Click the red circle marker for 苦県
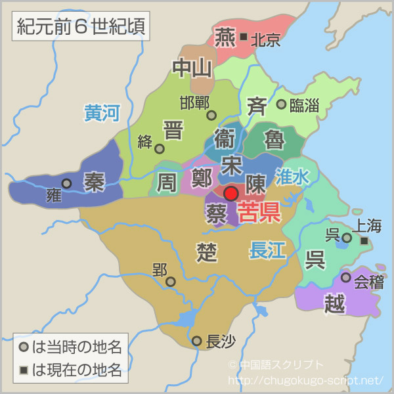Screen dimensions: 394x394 [x=230, y=193]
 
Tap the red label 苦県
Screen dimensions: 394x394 [x=259, y=211]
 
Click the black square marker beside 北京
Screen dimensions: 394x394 [x=244, y=37]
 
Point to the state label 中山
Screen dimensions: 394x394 [x=192, y=67]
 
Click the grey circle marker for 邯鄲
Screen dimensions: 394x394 [x=211, y=115]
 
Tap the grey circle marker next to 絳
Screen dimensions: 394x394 [x=160, y=148]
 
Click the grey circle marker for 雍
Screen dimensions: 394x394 [x=66, y=184]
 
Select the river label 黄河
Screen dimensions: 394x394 [x=102, y=113]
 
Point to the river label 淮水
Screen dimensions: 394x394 [x=292, y=176]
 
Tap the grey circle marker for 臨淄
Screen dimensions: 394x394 [x=281, y=104]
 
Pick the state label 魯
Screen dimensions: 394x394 [x=275, y=139]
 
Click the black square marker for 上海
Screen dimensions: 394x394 [x=364, y=242]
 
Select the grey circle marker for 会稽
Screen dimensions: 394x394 [x=346, y=278]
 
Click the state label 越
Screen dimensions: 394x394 [x=334, y=302]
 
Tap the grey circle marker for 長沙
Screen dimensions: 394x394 [x=196, y=341]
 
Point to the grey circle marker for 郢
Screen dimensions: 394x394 [x=171, y=282]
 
